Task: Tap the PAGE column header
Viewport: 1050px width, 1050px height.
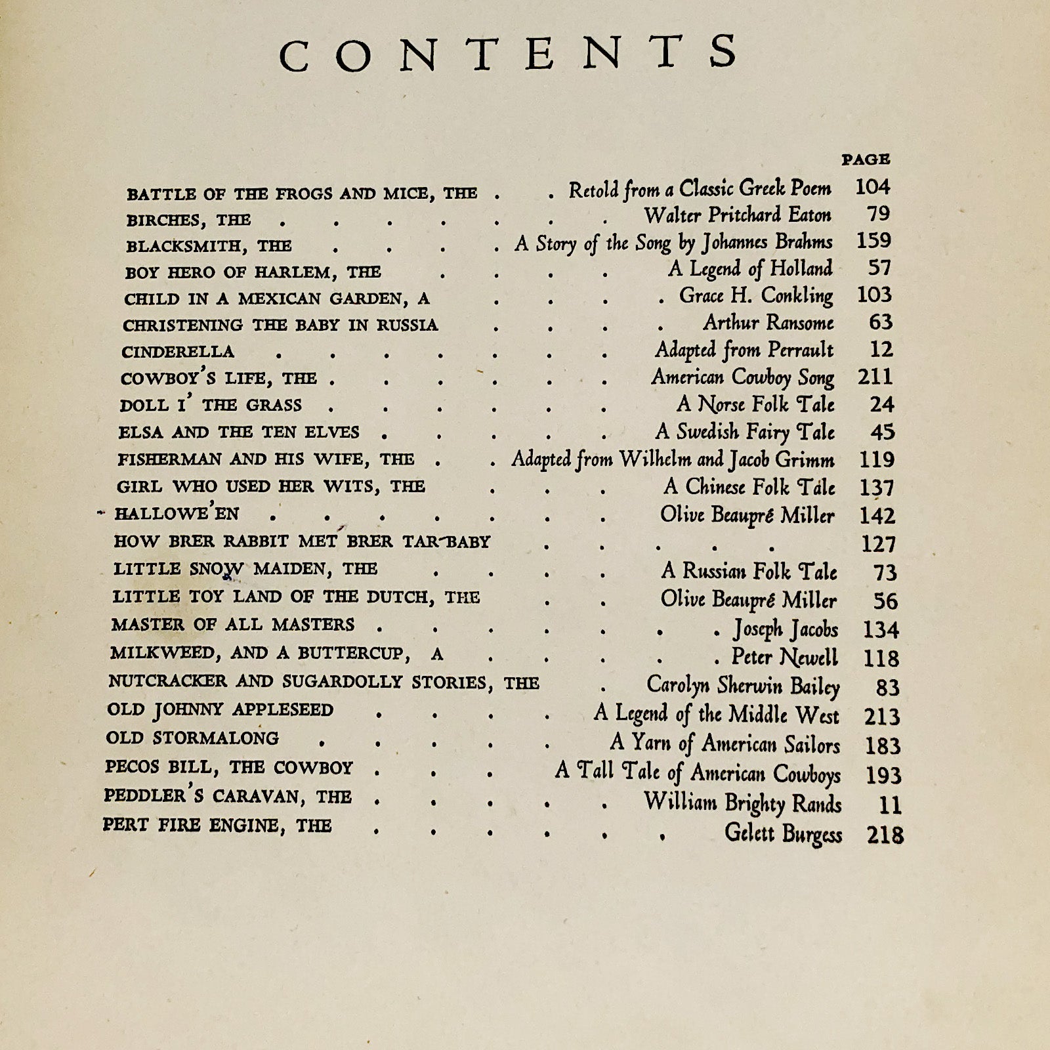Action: (x=866, y=159)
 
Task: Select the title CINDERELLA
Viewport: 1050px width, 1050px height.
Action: (x=178, y=352)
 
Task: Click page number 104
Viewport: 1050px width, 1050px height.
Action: (x=872, y=188)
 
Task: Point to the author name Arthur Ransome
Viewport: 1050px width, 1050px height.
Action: (x=768, y=323)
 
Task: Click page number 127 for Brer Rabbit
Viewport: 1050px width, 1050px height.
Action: (x=878, y=544)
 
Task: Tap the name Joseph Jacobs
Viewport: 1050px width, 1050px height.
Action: (x=786, y=629)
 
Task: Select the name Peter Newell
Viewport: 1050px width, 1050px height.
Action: (x=785, y=658)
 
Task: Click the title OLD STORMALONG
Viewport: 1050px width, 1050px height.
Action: (x=192, y=738)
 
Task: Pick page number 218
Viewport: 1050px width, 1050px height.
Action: (x=885, y=835)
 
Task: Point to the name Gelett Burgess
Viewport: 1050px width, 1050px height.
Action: (x=783, y=833)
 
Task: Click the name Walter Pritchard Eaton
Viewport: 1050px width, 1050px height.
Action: (x=738, y=215)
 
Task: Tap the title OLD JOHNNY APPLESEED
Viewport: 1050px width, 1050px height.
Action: (x=220, y=710)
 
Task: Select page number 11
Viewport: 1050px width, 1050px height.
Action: (x=889, y=805)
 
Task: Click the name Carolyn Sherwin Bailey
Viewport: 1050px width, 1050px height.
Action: (x=743, y=686)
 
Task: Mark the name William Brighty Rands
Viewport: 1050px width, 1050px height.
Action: (x=742, y=803)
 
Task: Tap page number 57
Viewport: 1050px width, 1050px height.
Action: (x=880, y=268)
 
